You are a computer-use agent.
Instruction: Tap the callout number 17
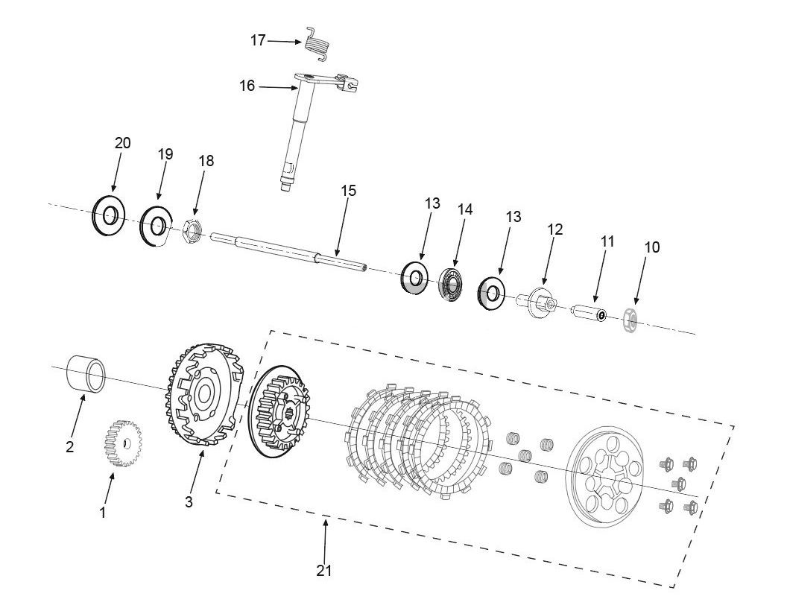[x=258, y=40]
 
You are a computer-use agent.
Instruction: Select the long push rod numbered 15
[x=291, y=250]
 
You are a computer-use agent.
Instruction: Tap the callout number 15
[x=348, y=191]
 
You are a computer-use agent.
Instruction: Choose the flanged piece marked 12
[x=538, y=301]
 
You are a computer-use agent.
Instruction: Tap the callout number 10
[x=651, y=247]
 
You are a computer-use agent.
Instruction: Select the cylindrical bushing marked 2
[x=87, y=372]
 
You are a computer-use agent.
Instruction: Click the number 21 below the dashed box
[x=323, y=570]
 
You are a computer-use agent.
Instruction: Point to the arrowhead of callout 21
[x=325, y=524]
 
